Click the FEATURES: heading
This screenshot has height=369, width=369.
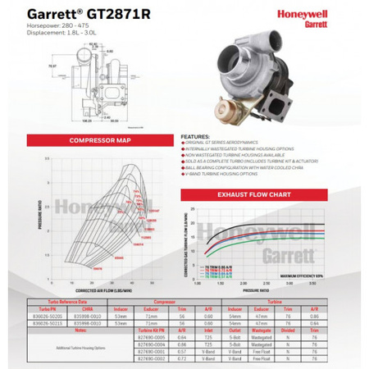tap(195, 138)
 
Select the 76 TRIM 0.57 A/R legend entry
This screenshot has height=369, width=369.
tap(216, 279)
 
